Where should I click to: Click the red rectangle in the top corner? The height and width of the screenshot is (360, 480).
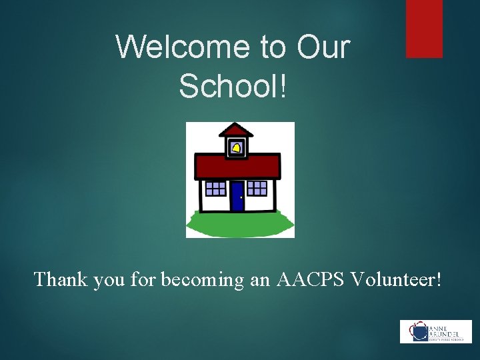(424, 28)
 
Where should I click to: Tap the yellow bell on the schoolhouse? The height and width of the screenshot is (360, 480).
(236, 147)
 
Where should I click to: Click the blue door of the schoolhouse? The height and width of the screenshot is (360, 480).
(237, 196)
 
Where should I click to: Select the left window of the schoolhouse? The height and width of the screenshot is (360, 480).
(215, 188)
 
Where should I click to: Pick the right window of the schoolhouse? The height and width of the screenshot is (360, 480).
(257, 188)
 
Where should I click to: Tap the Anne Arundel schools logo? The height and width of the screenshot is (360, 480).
(435, 331)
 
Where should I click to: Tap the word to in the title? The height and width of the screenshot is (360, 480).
(271, 47)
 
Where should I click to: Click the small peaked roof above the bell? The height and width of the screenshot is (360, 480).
(236, 129)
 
